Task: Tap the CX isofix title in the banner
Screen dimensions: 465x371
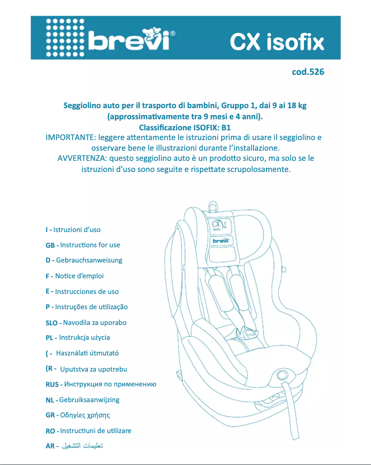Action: click(x=277, y=43)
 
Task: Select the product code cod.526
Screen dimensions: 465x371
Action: click(x=308, y=72)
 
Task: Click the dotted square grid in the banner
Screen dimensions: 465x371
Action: click(x=65, y=38)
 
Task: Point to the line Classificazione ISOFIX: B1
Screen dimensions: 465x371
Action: click(x=185, y=128)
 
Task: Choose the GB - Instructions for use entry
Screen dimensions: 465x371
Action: click(x=82, y=245)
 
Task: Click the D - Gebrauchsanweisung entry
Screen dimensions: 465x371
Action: click(x=84, y=260)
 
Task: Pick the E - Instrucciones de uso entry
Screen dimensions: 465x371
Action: click(x=82, y=292)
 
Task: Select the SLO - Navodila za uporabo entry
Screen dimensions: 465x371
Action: click(x=86, y=323)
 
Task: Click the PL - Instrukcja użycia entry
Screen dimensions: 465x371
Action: click(x=78, y=338)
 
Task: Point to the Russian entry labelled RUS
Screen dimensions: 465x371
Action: click(x=100, y=384)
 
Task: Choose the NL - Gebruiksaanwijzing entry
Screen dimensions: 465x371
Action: click(x=82, y=400)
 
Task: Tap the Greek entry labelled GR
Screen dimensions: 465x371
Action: click(x=78, y=415)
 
